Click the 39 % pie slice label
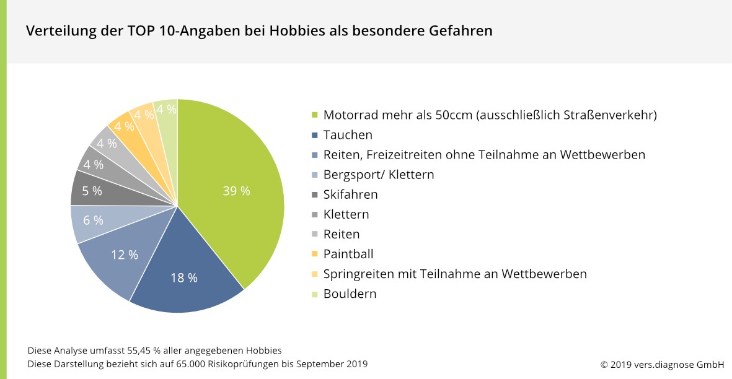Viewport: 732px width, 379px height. pos(236,191)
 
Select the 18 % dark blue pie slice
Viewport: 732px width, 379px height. pos(184,278)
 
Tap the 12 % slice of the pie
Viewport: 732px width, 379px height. pos(125,255)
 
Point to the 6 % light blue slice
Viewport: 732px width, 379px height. pos(93,220)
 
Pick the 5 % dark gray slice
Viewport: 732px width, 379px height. pos(92,191)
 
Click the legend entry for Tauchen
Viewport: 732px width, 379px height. pos(348,135)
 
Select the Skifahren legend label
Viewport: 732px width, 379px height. pos(350,194)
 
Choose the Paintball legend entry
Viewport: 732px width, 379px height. pos(348,254)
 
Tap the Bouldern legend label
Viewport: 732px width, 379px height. pos(350,294)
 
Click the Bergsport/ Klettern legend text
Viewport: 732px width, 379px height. pos(378,175)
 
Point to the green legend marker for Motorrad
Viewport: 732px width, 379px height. pos(314,115)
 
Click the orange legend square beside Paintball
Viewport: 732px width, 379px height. pos(314,254)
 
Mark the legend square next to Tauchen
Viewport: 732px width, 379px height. pos(314,135)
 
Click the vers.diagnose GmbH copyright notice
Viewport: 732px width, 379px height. pos(662,364)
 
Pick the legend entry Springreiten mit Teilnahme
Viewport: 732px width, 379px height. pos(454,274)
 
